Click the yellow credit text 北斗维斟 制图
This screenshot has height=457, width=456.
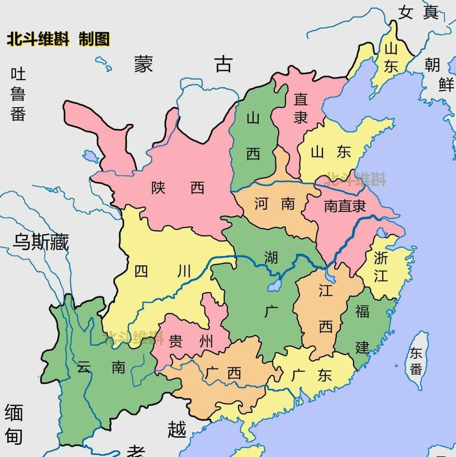tap(58, 39)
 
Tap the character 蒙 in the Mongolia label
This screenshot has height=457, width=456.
tap(144, 64)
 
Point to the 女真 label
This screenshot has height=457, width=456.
tap(418, 13)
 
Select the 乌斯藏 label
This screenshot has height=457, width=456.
tap(41, 242)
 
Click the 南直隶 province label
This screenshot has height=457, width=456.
tap(345, 206)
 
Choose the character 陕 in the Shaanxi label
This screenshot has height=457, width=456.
tap(158, 188)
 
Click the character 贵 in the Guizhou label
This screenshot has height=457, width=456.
tap(175, 341)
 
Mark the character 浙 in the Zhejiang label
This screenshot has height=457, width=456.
tap(381, 258)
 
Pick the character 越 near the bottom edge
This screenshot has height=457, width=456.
tap(177, 429)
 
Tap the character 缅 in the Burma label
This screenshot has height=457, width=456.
tap(14, 413)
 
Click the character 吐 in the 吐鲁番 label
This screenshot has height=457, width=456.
tap(18, 74)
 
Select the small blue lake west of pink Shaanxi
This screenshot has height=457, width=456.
tap(91, 156)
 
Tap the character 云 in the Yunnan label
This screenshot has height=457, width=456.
tap(83, 367)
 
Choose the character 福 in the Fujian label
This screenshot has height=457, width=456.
tap(362, 311)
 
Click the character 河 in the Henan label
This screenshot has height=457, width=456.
tap(261, 204)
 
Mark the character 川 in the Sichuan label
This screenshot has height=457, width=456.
tap(184, 271)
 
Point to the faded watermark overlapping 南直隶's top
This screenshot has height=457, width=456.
tap(356, 179)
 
